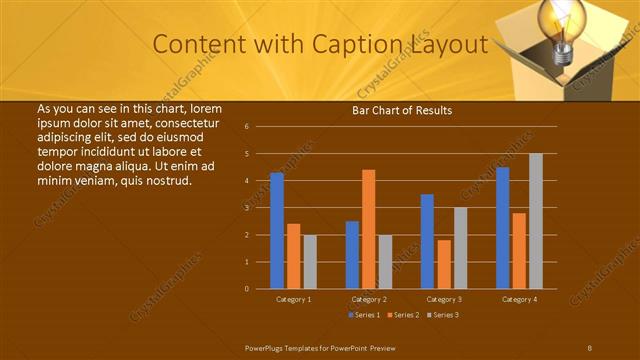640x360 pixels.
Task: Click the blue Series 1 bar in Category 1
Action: (277, 231)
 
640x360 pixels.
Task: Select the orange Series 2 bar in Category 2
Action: (368, 229)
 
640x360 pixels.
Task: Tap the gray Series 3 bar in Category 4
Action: (536, 221)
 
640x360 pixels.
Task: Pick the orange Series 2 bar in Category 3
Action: (444, 264)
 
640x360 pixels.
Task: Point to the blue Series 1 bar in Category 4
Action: (502, 228)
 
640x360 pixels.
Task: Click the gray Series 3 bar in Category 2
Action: (385, 262)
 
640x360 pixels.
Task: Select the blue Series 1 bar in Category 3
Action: (427, 241)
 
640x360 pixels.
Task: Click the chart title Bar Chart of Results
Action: (402, 110)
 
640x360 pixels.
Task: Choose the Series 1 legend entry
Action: (363, 315)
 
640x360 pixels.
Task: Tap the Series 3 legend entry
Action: (444, 315)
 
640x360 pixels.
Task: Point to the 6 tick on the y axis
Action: (246, 127)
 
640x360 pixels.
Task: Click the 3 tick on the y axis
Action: (246, 208)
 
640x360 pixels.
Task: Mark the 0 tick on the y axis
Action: (246, 289)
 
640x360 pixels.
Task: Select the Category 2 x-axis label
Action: (368, 299)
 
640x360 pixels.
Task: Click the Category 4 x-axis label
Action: (519, 299)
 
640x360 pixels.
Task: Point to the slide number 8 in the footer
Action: (590, 347)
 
